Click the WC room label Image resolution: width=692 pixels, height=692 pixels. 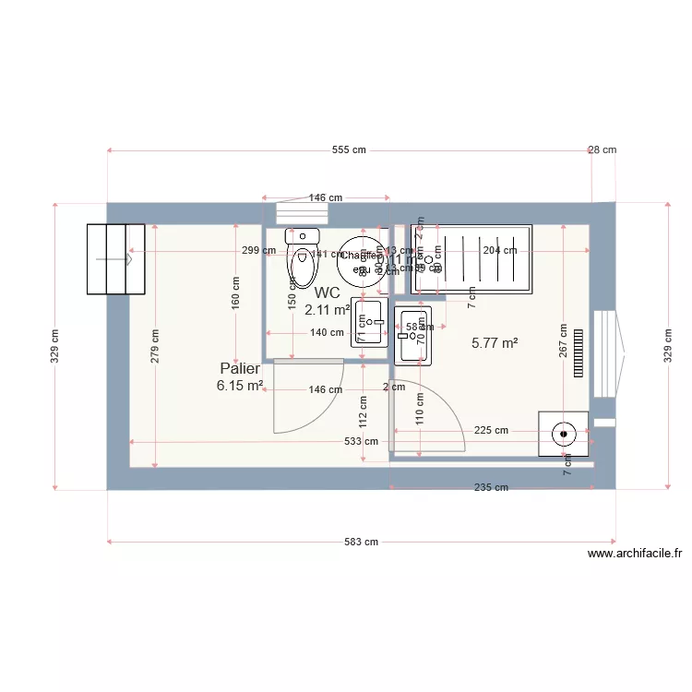pyautogui.click(x=328, y=292)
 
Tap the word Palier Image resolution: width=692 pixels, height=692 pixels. pyautogui.click(x=240, y=368)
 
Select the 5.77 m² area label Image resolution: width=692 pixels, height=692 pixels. pyautogui.click(x=495, y=342)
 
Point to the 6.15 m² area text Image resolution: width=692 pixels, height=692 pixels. pyautogui.click(x=240, y=386)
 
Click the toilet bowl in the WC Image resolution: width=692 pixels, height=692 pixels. pyautogui.click(x=302, y=265)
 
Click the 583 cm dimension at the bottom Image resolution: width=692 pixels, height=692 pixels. pyautogui.click(x=361, y=542)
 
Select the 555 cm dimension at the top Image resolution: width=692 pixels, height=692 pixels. pyautogui.click(x=349, y=149)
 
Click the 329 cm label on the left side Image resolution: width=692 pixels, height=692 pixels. pyautogui.click(x=55, y=346)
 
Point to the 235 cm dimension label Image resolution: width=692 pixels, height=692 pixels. pyautogui.click(x=491, y=488)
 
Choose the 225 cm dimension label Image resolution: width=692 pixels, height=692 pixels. pyautogui.click(x=491, y=430)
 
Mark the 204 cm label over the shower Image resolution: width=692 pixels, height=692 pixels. pyautogui.click(x=499, y=250)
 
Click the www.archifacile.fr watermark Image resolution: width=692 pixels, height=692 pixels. pyautogui.click(x=634, y=554)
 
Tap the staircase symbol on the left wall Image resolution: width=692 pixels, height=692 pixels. pyautogui.click(x=115, y=259)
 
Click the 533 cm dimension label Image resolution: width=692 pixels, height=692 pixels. pyautogui.click(x=361, y=441)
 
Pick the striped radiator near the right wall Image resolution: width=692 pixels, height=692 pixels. pyautogui.click(x=579, y=352)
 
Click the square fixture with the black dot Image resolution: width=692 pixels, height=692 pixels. pyautogui.click(x=564, y=433)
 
